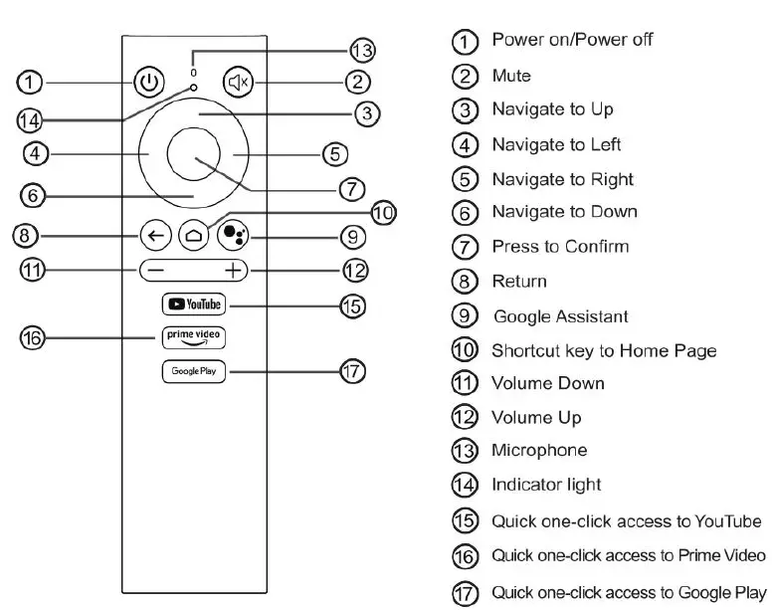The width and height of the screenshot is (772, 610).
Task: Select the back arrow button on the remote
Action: tap(155, 236)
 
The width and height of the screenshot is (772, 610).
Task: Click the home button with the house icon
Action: tap(193, 236)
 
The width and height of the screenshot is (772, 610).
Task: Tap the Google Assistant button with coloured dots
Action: tap(233, 236)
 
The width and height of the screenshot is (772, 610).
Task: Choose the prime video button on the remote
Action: tap(194, 336)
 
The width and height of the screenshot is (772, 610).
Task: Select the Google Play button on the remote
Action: tap(194, 371)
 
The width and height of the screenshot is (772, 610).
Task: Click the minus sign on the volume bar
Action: tap(155, 270)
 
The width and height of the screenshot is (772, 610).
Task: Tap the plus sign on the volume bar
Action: tap(233, 270)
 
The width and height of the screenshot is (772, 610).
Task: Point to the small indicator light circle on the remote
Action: tap(194, 89)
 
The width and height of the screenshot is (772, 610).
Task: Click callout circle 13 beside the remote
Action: tap(362, 51)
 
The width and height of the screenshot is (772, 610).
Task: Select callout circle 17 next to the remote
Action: tap(353, 372)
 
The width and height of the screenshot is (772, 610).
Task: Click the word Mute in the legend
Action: tap(511, 76)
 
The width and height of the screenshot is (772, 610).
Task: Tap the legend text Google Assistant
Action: tap(561, 316)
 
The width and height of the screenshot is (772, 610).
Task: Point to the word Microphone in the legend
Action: tap(539, 450)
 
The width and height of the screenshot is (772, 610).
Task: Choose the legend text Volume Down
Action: tap(548, 383)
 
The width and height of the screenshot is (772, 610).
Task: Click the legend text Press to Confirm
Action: tap(560, 246)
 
